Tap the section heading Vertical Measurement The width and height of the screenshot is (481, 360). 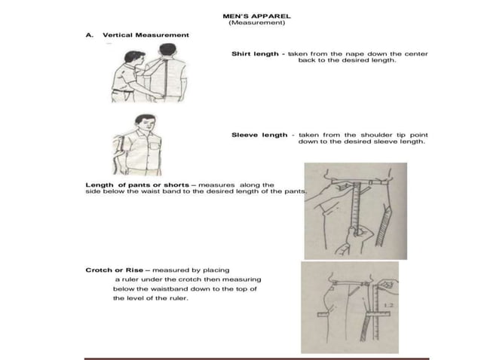click(x=146, y=35)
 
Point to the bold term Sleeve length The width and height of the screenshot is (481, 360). click(x=259, y=135)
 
